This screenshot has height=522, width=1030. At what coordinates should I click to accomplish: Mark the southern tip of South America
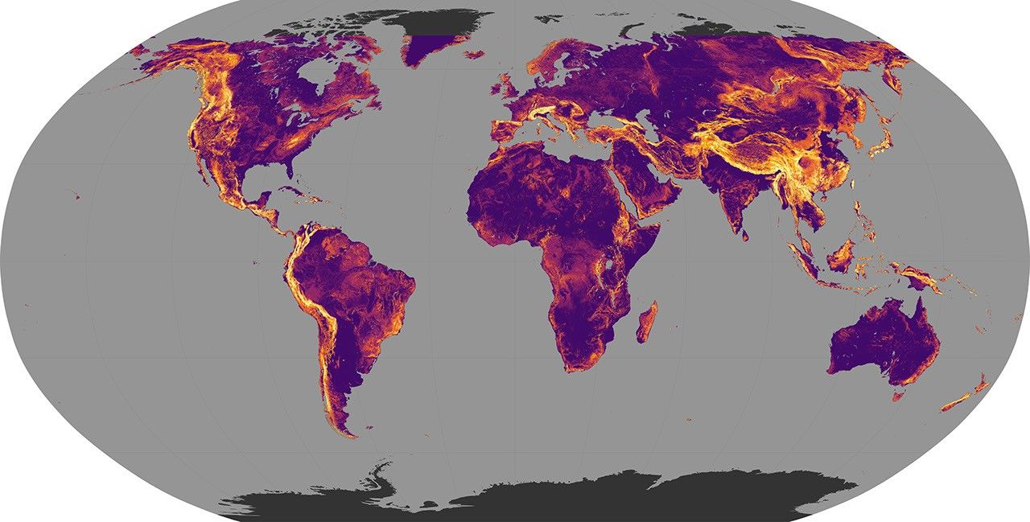[351, 434]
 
